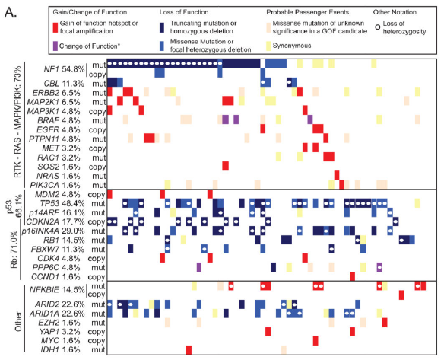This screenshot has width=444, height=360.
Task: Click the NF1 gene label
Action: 51,69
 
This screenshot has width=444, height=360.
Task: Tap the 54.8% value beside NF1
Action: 73,69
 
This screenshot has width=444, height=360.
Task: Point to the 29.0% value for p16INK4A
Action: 73,231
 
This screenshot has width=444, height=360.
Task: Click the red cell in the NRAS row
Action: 337,175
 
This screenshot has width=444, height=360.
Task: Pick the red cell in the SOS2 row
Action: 225,166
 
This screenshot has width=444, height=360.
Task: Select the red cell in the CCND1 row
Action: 352,276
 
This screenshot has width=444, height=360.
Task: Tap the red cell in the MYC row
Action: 316,341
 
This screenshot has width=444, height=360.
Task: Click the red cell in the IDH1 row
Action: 189,350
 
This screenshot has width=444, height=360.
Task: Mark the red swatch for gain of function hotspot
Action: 55,27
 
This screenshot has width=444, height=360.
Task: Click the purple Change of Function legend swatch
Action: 55,46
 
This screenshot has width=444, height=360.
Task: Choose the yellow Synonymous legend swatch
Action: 268,46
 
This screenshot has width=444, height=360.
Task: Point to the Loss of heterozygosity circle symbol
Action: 377,27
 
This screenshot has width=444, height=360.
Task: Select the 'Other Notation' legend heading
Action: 395,12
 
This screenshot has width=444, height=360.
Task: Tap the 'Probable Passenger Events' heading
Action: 307,12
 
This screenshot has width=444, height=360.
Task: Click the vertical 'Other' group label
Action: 17,321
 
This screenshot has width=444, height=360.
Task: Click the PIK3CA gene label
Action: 45,185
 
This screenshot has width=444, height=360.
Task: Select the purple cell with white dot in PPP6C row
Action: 379,267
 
